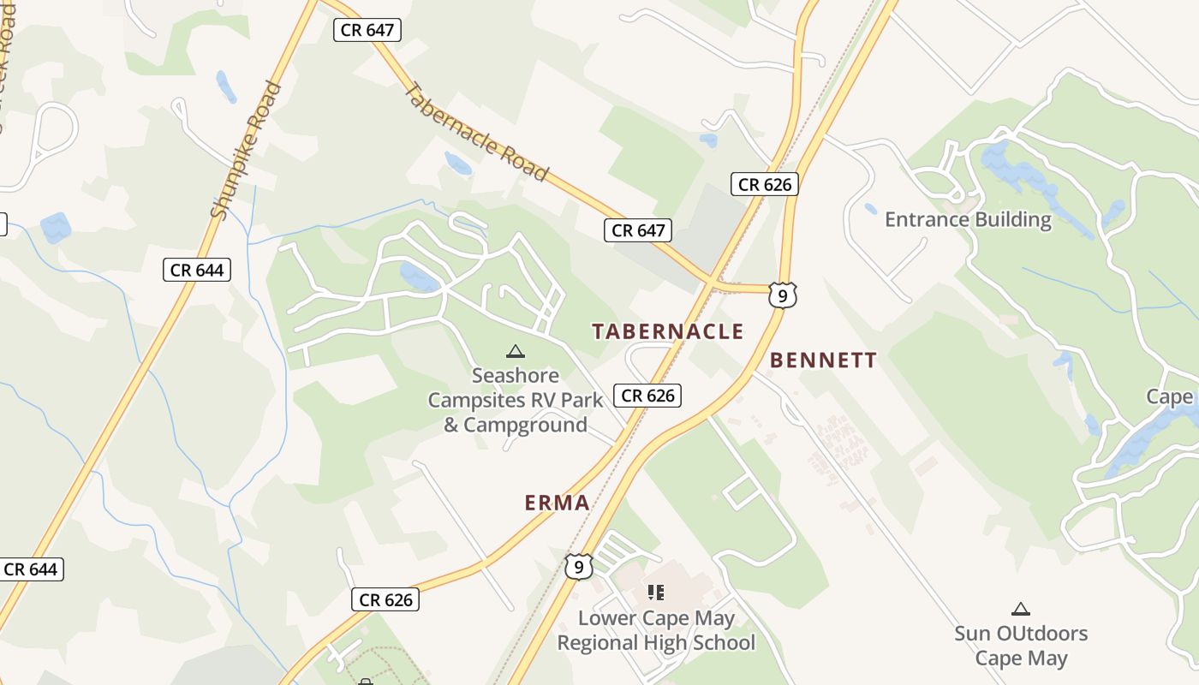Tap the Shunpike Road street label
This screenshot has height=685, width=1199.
[x=247, y=151]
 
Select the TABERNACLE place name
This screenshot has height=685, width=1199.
[x=667, y=332]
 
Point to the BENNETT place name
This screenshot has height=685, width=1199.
[x=823, y=360]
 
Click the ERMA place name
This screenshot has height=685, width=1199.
[x=558, y=503]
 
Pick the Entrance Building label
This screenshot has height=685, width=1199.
[x=968, y=220]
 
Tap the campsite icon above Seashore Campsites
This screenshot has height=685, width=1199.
[x=515, y=351]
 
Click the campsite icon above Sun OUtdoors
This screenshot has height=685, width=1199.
[x=1020, y=610]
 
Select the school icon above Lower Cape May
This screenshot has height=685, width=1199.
[x=656, y=592]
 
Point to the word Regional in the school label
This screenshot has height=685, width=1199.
[x=608, y=642]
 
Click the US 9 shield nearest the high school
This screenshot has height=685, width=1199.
[x=579, y=567]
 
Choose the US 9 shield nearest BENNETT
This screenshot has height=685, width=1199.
[x=783, y=295]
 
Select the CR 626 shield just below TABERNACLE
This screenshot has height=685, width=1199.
[x=648, y=396]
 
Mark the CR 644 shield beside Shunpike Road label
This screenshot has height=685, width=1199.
[x=197, y=271]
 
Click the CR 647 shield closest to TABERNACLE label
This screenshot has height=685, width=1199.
[x=638, y=230]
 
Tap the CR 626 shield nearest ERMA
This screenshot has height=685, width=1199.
[x=385, y=600]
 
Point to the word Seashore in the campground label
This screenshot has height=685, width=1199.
[x=516, y=376]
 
